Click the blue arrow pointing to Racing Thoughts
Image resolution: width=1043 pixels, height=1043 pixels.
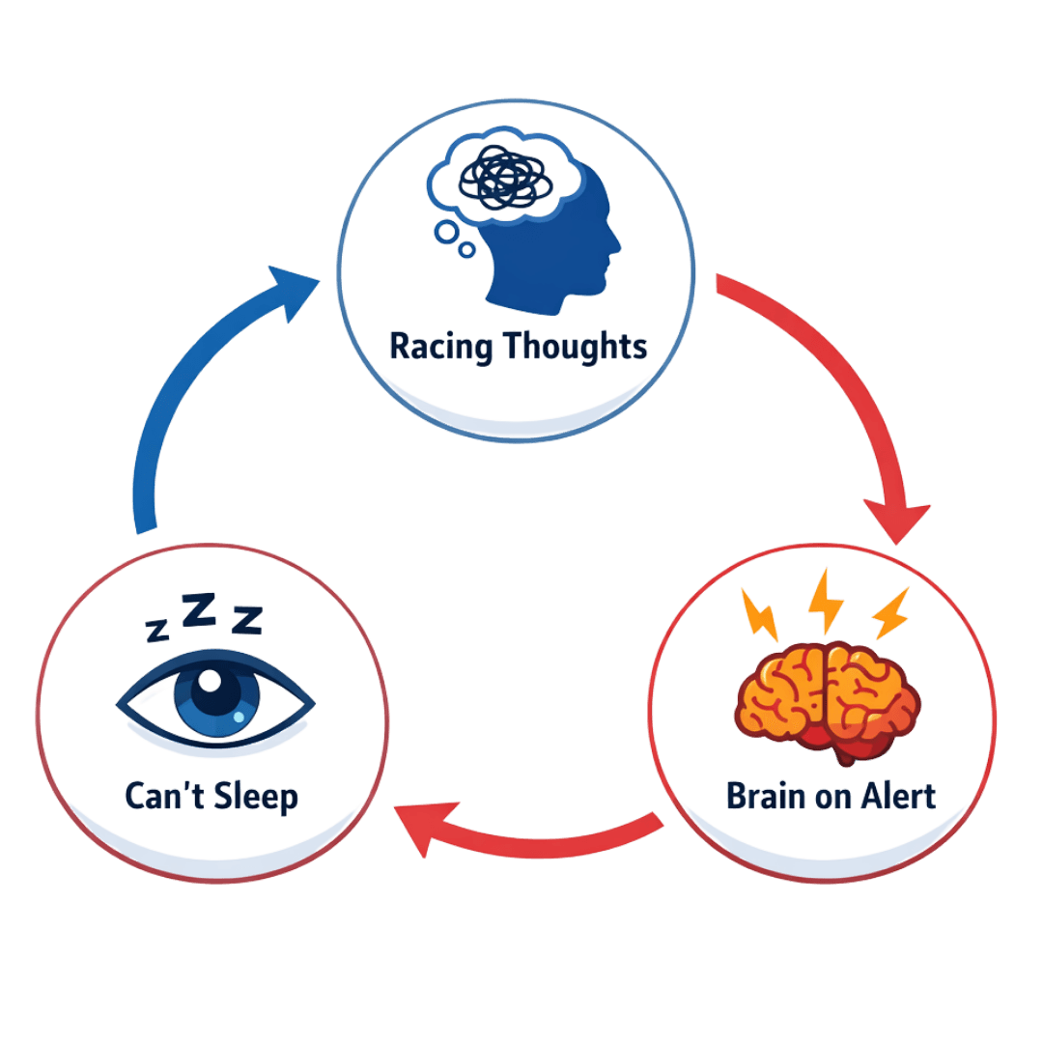point(193,386)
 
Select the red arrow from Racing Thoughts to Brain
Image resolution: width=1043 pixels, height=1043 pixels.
point(840,386)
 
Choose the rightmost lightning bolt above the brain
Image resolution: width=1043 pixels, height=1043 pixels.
point(889,613)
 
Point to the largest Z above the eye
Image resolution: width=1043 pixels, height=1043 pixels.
point(199,610)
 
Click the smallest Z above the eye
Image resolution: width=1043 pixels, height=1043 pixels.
point(156,631)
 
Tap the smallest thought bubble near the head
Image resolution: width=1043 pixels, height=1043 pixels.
point(468,250)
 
